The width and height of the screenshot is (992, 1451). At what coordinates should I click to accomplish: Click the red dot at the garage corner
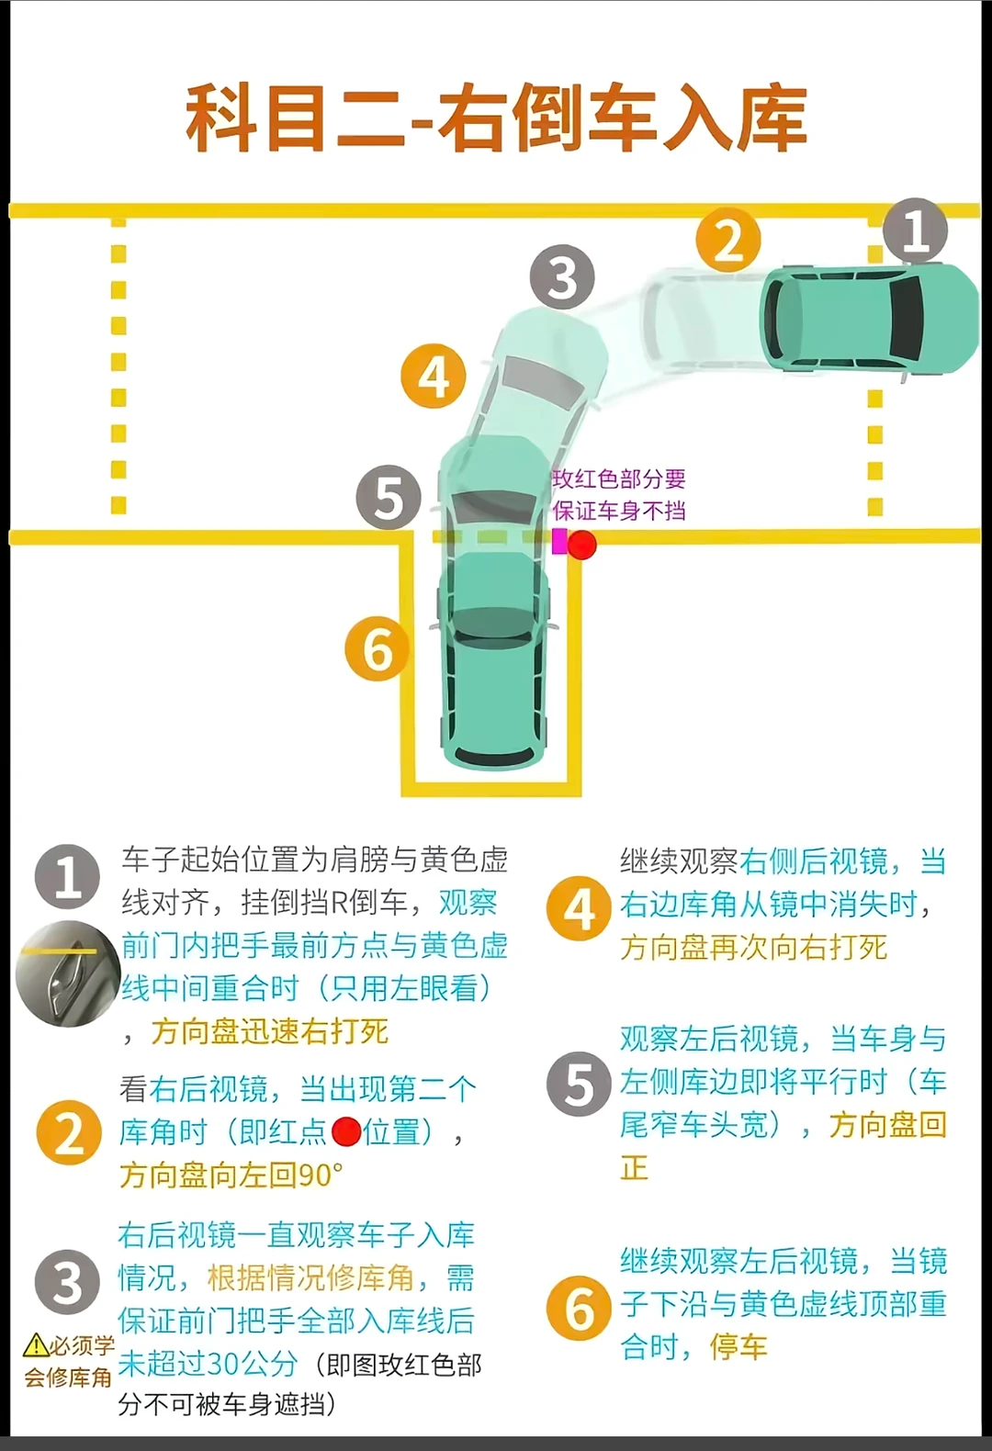coord(581,545)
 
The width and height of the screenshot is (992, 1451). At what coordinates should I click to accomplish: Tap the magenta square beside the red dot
coord(559,541)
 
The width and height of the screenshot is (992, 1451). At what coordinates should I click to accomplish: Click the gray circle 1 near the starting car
coord(915,230)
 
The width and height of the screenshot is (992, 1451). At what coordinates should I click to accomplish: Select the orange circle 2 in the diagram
coord(727,241)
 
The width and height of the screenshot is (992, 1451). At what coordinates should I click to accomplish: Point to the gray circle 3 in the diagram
coord(562,277)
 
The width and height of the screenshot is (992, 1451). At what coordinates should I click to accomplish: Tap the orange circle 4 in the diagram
coord(434,377)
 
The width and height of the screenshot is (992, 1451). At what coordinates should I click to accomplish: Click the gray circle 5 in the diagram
coord(389,498)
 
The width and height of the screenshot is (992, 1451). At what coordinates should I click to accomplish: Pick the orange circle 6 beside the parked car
coord(377,649)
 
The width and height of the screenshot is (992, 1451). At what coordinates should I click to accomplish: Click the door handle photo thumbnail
coord(66,973)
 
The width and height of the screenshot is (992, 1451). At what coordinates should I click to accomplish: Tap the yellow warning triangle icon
coord(35,1346)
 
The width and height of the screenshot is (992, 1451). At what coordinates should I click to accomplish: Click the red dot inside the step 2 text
coord(345,1131)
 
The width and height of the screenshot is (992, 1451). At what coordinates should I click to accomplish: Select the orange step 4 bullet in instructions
coord(579,909)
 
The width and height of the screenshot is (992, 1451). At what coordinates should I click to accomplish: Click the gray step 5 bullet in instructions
coord(579,1084)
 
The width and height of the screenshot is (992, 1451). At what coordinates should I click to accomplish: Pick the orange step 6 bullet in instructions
coord(579,1308)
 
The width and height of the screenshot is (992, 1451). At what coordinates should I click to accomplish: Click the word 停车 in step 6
coord(738,1347)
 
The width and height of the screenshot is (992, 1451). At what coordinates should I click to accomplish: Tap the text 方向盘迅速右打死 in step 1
coord(269,1031)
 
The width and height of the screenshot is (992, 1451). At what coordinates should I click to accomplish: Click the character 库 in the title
coord(770,118)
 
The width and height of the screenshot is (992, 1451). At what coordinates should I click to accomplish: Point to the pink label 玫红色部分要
coord(619,478)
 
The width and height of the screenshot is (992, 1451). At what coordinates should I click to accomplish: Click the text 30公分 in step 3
coord(248,1364)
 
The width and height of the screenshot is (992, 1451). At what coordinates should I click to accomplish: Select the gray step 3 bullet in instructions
coord(67,1282)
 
